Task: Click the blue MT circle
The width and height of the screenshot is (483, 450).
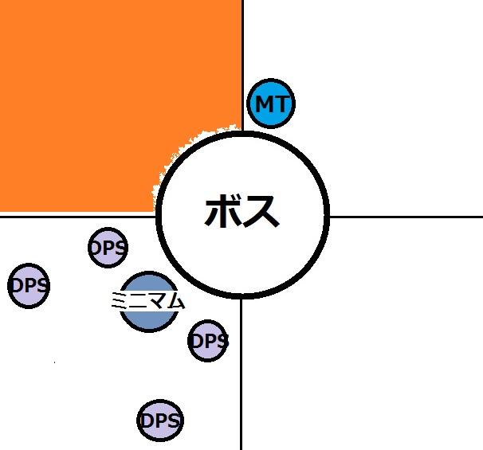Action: pos(272,104)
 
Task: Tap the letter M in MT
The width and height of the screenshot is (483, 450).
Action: pos(264,104)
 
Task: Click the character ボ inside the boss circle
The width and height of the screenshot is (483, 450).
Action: pos(222,213)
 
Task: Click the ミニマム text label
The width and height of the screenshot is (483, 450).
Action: pos(148,300)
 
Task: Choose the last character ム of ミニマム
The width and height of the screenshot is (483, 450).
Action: pos(176,301)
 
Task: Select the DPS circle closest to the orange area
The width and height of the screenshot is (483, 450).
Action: pos(108,247)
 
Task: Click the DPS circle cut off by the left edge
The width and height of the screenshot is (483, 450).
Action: pos(29,284)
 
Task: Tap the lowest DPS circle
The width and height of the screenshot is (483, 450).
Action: pos(160,421)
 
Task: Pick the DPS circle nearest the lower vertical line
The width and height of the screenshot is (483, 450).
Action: pos(208,342)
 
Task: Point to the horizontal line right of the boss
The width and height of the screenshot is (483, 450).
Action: pos(406,216)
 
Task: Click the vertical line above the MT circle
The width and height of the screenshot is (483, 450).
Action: pos(242,40)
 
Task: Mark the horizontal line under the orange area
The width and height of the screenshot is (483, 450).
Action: pos(72,215)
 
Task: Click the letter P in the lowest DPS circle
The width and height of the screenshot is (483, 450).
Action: pos(160,421)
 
